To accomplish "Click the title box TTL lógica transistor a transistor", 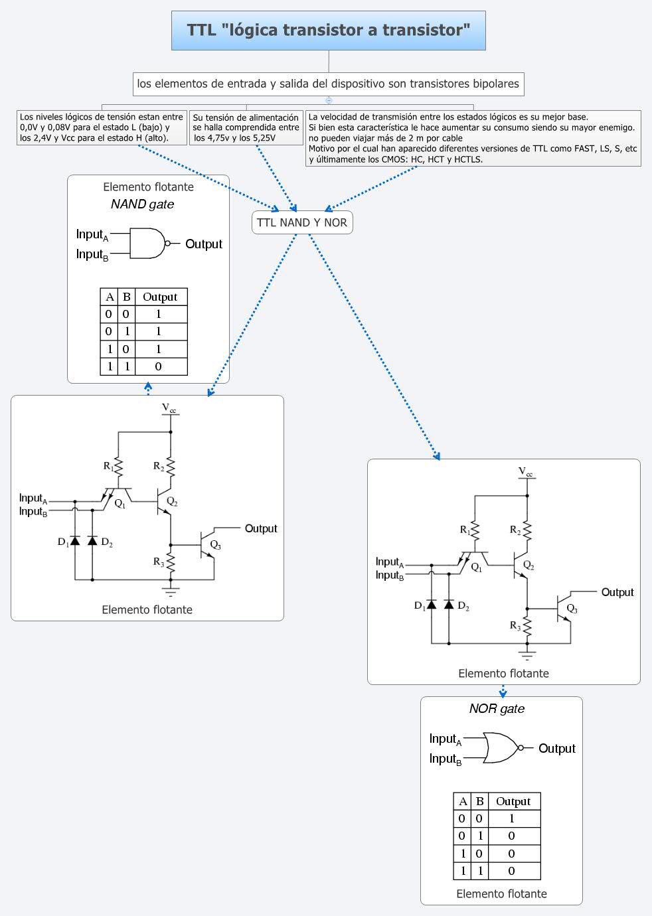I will (x=328, y=31).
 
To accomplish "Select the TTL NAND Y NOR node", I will (x=302, y=222).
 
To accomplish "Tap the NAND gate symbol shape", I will (x=147, y=244).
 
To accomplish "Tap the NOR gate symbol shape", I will (x=501, y=748).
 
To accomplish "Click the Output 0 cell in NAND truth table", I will (x=158, y=366).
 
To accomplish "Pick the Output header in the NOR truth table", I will (x=513, y=801).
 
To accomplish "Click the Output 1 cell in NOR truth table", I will (x=511, y=818).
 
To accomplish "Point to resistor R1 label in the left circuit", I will (x=108, y=466).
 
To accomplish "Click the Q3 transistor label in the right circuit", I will (x=572, y=609).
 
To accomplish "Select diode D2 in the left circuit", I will (x=92, y=541).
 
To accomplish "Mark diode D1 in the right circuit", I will (x=431, y=605).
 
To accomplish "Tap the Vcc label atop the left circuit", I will (x=169, y=408).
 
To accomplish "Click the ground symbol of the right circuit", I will (x=527, y=656).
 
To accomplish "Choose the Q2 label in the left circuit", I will (x=172, y=502).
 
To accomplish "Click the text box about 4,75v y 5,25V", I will (x=246, y=127).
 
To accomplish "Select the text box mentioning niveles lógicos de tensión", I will (x=102, y=127).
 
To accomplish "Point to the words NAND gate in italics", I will (x=142, y=204).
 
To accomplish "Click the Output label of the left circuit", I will (x=261, y=528).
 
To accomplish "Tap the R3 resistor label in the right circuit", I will (x=515, y=625).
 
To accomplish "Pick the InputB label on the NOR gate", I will (x=446, y=759).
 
